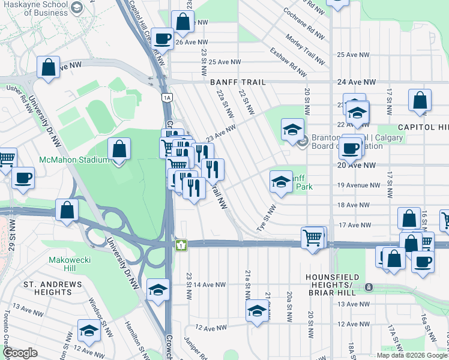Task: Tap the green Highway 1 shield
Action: (x=180, y=245)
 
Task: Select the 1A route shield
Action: (x=166, y=97)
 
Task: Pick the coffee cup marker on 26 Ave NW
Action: (x=162, y=39)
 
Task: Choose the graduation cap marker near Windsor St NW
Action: (x=89, y=331)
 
